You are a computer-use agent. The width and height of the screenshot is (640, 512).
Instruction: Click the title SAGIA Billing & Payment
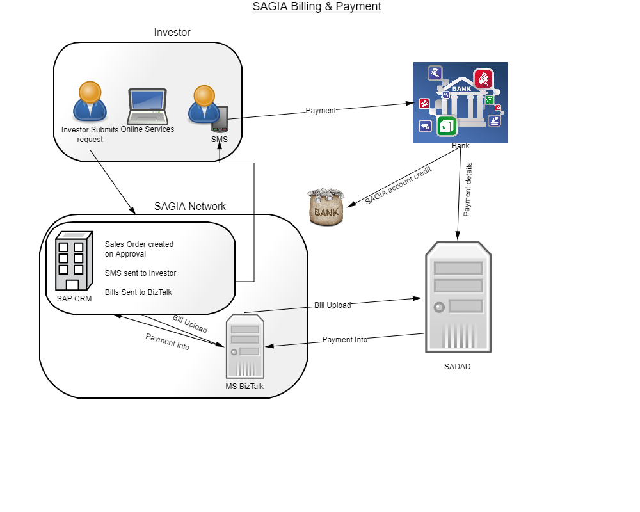coord(317,7)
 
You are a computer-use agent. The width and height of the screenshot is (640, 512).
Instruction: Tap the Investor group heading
coord(172,33)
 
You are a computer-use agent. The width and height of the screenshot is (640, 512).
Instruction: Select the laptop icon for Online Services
coord(147,106)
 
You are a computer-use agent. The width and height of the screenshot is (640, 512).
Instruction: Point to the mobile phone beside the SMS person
coord(221,118)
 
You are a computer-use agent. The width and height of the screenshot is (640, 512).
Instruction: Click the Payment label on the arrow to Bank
coord(321,111)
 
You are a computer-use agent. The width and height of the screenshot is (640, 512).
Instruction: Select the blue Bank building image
coord(460,102)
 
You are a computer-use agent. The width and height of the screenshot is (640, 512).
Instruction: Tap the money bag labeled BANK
coord(326,206)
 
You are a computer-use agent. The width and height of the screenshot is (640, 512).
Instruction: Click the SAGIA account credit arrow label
coord(398,186)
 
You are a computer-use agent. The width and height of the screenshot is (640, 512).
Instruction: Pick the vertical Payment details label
coord(468,189)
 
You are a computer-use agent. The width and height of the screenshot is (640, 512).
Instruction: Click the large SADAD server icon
coord(458,298)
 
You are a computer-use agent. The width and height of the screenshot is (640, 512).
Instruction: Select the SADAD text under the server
coord(457,367)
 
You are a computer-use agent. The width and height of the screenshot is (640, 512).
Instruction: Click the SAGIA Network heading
coord(190,206)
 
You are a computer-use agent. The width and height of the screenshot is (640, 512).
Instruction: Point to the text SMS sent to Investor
coord(140,273)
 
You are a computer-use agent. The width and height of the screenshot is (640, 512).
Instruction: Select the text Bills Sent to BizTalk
coord(139,292)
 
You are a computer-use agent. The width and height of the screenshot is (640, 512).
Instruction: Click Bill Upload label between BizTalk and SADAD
coord(332,305)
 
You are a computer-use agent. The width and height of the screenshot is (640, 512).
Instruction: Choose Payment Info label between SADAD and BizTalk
coord(344,340)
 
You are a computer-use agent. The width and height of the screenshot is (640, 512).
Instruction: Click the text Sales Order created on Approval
coord(139,249)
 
